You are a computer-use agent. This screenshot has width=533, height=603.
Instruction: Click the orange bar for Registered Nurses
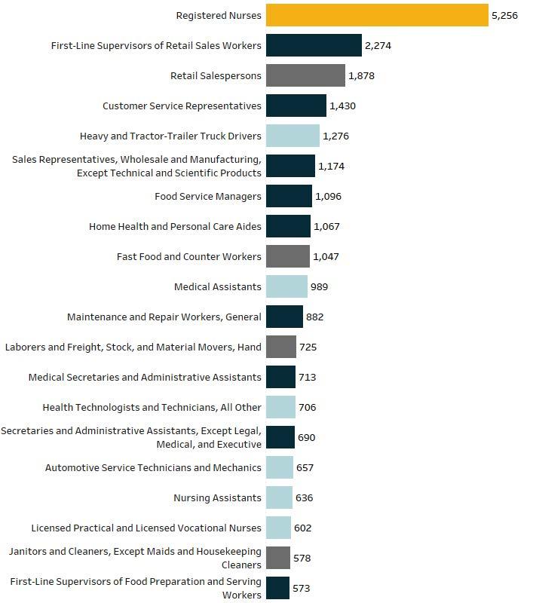(377, 15)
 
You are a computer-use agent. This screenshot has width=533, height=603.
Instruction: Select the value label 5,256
(504, 15)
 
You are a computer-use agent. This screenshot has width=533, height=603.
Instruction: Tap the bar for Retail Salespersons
(305, 75)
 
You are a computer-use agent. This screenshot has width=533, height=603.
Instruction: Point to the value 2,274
(378, 45)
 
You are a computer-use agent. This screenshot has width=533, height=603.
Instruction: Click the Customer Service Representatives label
(182, 106)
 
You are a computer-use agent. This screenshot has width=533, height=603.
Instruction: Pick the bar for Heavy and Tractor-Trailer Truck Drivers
(293, 136)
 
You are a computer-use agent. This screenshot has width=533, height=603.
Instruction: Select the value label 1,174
(331, 166)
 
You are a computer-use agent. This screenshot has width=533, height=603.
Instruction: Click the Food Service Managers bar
(289, 196)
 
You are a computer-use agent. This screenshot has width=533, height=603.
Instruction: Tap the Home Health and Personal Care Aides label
(176, 227)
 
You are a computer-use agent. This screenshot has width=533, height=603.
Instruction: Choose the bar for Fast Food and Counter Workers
(288, 256)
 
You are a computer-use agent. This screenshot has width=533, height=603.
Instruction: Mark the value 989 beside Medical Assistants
(319, 287)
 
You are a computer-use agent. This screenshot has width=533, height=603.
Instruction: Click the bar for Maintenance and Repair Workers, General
(284, 317)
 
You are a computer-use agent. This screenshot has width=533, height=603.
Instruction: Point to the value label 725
(308, 347)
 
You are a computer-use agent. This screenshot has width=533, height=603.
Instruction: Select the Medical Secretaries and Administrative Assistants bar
(280, 378)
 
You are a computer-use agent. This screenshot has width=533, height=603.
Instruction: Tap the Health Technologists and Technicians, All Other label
(152, 407)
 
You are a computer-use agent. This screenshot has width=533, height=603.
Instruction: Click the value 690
(307, 438)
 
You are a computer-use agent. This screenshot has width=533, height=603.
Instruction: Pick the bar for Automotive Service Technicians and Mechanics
(280, 467)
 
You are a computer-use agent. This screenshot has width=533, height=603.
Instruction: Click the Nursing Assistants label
(217, 497)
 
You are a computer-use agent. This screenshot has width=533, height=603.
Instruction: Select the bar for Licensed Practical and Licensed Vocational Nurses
(278, 528)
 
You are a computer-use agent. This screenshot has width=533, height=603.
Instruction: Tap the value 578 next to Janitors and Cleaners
(302, 558)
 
